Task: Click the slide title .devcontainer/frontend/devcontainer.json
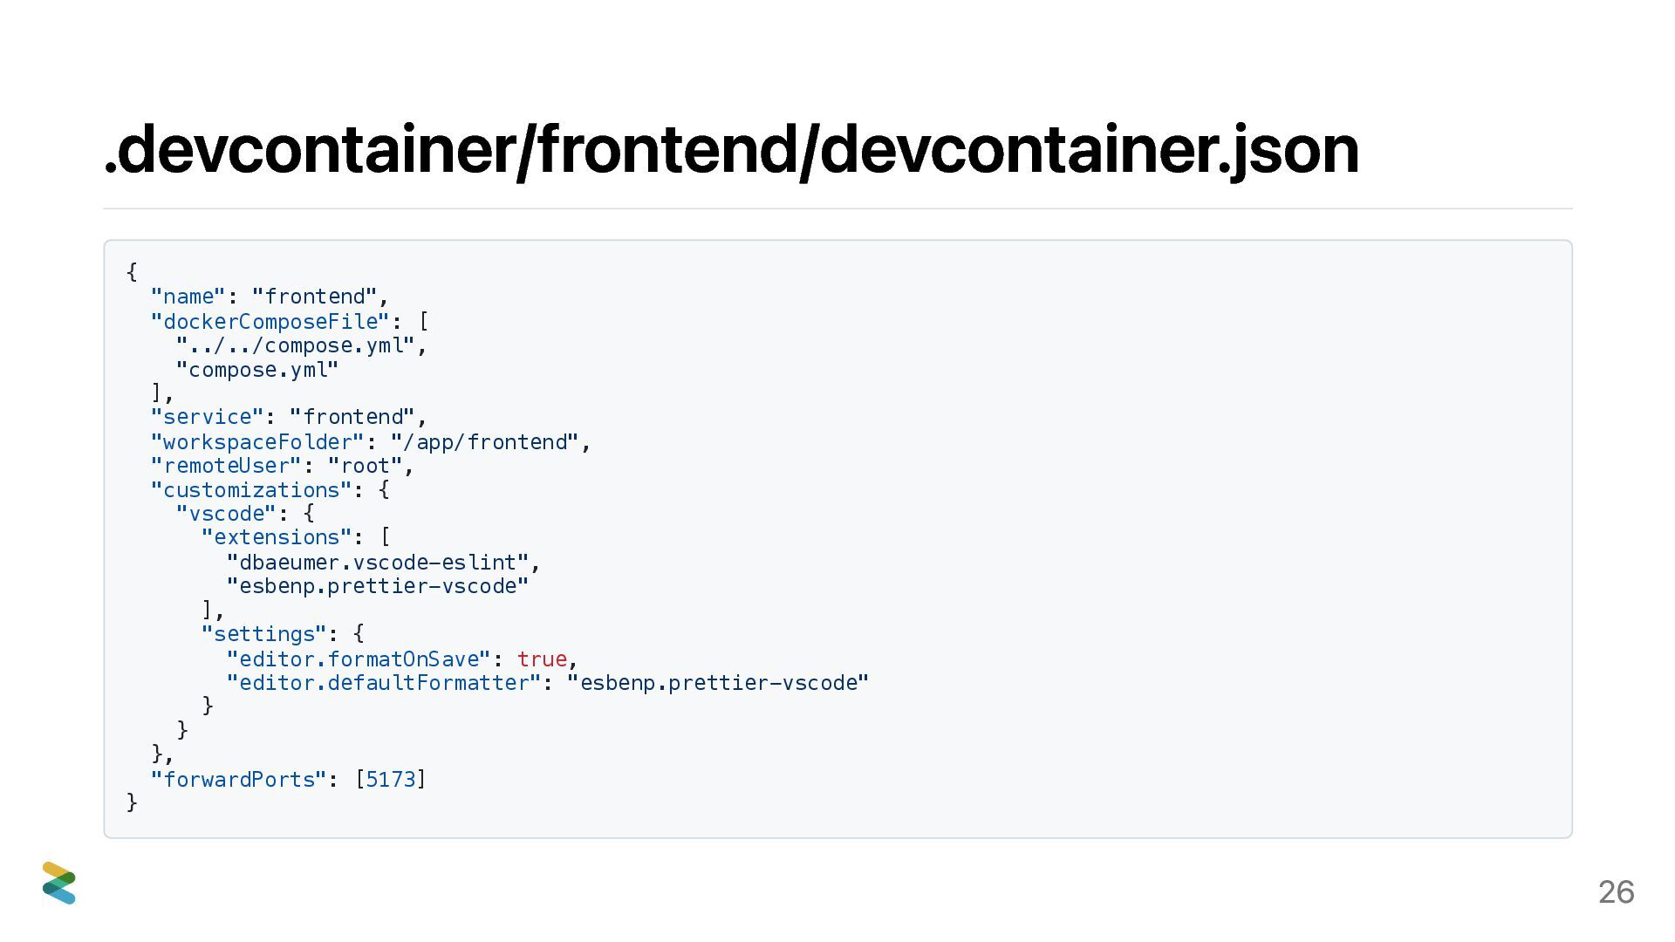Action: pyautogui.click(x=731, y=150)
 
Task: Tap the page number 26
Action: pyautogui.click(x=1616, y=891)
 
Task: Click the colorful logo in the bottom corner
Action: pyautogui.click(x=59, y=883)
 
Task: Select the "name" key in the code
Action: pyautogui.click(x=188, y=297)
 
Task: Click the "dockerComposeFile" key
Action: pyautogui.click(x=270, y=321)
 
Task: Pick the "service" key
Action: pyautogui.click(x=207, y=417)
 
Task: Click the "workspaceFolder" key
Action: pyautogui.click(x=256, y=442)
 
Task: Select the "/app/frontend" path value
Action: pyautogui.click(x=485, y=442)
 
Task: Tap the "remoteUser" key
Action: pyautogui.click(x=225, y=466)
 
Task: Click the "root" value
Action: pyautogui.click(x=365, y=466)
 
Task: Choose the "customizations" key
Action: pyautogui.click(x=250, y=490)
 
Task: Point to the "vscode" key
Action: pyautogui.click(x=226, y=514)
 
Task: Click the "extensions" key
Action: pyautogui.click(x=276, y=537)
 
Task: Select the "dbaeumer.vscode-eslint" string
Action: pyautogui.click(x=378, y=563)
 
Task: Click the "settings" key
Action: pyautogui.click(x=263, y=634)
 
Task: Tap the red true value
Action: pyautogui.click(x=542, y=659)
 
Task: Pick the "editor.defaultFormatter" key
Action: pyautogui.click(x=384, y=683)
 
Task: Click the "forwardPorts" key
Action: pyautogui.click(x=238, y=780)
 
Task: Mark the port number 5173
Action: pyautogui.click(x=390, y=780)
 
